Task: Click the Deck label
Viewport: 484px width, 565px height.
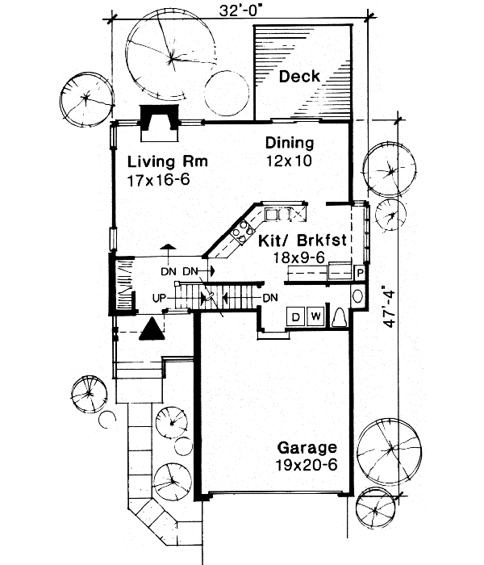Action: coord(300,77)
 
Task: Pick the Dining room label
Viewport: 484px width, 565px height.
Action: coord(290,143)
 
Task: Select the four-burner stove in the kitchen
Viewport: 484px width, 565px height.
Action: coord(240,232)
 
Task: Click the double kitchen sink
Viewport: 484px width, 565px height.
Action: coord(279,214)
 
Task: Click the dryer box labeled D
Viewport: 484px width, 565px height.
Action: coord(295,316)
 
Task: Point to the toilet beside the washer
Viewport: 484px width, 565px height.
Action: coord(340,316)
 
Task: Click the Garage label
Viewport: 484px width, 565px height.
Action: coord(307,447)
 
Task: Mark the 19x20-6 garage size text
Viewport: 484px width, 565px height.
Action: coord(307,465)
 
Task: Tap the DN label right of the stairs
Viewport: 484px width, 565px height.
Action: coord(271,298)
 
